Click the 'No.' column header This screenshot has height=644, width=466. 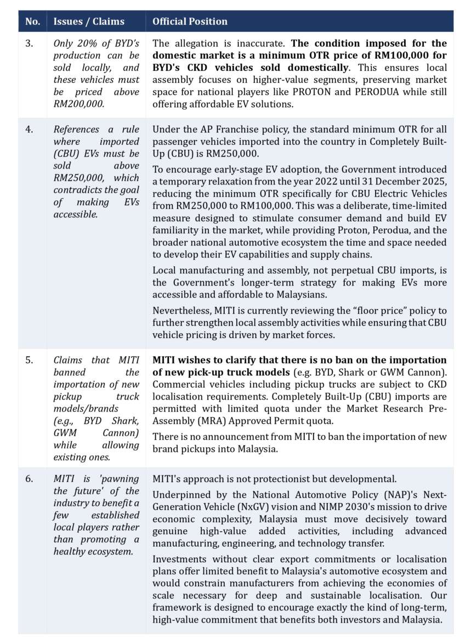[32, 21]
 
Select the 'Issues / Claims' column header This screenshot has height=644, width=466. [89, 21]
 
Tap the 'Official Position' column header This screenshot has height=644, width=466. [190, 21]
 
